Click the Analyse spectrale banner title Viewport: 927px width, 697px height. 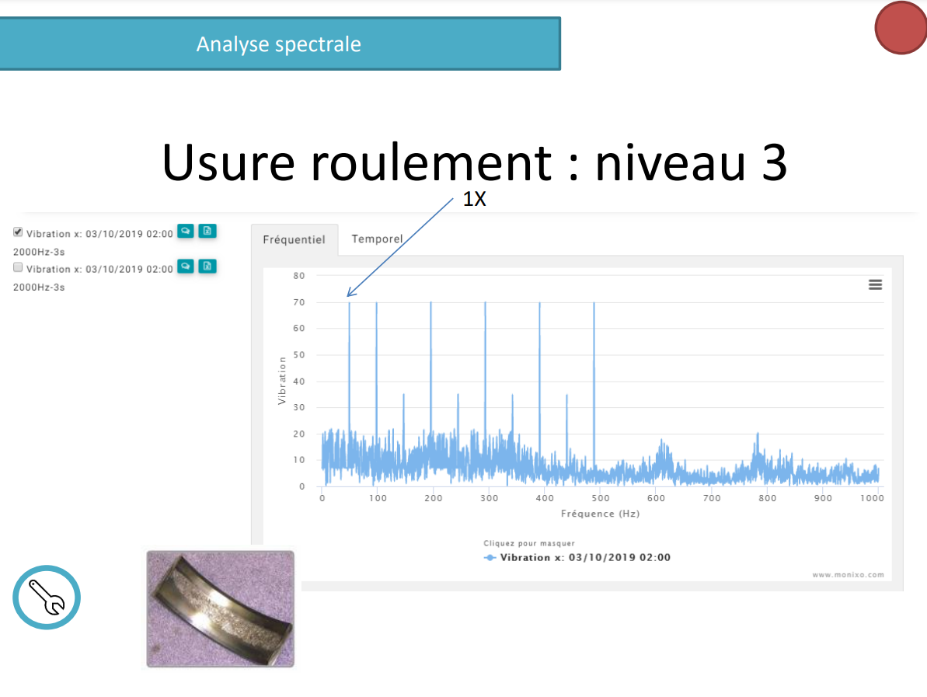tap(278, 44)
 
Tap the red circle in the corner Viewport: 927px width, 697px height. tap(901, 28)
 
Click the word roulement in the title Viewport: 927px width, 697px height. tap(431, 162)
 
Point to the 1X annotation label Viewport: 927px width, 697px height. tap(474, 199)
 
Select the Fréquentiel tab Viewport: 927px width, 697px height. tap(294, 239)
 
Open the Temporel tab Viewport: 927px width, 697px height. tap(377, 239)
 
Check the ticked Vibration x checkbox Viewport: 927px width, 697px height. tap(18, 232)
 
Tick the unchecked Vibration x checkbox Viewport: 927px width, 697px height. tap(18, 267)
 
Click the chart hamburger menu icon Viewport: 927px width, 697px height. tap(875, 285)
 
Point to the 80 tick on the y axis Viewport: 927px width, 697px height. tap(299, 276)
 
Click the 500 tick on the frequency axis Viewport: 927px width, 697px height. tap(600, 498)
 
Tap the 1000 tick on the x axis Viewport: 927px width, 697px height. tap(872, 498)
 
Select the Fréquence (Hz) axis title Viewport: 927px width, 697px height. tap(600, 514)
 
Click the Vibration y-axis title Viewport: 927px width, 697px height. tap(282, 381)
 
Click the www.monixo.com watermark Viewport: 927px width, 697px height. tap(848, 575)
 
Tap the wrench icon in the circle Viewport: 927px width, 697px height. tap(47, 597)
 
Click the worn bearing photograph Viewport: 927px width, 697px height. tap(220, 609)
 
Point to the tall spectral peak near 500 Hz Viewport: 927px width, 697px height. tap(594, 385)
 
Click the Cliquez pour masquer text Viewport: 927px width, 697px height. tap(529, 543)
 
